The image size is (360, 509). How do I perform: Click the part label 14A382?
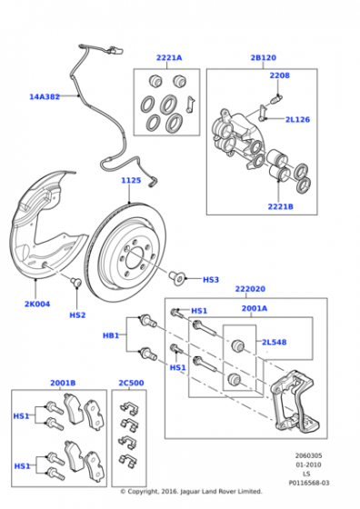point(45,96)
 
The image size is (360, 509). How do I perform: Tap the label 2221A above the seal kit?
point(169,58)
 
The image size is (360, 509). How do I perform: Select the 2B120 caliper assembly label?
point(264,58)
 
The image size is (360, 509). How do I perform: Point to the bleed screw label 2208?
point(279,75)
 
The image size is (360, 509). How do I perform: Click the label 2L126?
point(297,119)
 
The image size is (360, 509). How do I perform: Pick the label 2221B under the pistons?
point(281,206)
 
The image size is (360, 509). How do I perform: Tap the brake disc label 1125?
point(131,181)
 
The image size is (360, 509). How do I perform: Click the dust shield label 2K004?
point(37,304)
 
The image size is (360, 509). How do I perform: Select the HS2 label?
point(77,315)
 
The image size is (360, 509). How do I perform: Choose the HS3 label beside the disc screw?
point(211,280)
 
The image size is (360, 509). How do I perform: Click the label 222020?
point(250,289)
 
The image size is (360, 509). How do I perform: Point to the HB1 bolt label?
point(111,335)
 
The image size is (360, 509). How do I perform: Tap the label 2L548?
point(275,342)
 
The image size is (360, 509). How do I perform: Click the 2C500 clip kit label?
point(131,383)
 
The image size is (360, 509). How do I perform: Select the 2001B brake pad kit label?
point(63,383)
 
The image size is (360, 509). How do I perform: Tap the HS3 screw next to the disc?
point(177,278)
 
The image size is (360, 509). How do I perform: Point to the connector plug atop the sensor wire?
point(115,50)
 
